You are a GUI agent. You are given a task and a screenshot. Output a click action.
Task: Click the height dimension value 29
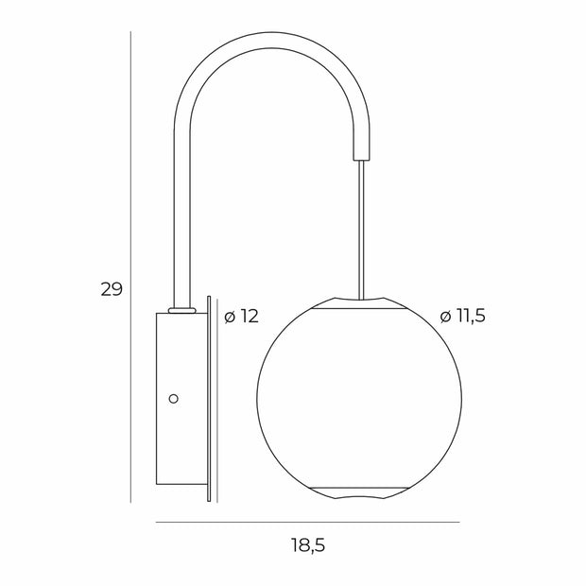tap(112, 289)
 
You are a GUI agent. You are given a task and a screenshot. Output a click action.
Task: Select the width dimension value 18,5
tap(307, 545)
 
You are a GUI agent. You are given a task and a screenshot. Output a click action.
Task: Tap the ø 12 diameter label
tap(241, 316)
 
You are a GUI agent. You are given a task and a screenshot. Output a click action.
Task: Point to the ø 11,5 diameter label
tap(462, 316)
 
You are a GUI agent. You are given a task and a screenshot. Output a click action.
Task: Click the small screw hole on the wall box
tap(172, 399)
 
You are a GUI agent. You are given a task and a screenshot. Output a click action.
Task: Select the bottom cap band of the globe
tap(359, 491)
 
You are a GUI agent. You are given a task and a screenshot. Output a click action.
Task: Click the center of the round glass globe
tap(359, 399)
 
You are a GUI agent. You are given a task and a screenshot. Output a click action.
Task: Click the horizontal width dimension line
tap(307, 522)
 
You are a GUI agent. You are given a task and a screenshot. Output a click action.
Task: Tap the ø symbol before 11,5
tap(445, 316)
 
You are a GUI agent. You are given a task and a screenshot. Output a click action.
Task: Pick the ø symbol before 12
tap(229, 316)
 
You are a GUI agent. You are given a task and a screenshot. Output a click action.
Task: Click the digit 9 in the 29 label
tap(117, 289)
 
